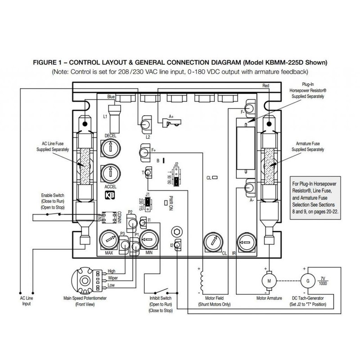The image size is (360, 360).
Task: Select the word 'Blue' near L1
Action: pos(112,96)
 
